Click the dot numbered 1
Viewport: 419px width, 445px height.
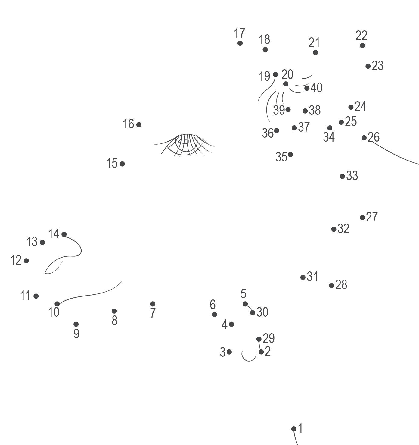tap(294, 429)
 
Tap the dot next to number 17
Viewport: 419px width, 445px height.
tap(240, 43)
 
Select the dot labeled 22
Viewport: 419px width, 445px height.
tap(362, 45)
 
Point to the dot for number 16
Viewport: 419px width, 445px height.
tap(139, 124)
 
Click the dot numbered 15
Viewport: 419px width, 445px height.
tap(122, 164)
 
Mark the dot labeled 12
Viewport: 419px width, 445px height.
tap(26, 261)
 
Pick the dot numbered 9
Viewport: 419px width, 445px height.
tap(76, 324)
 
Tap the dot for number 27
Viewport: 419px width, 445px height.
tap(362, 218)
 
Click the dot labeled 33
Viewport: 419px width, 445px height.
tap(342, 176)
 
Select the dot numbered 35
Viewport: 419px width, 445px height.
tap(290, 155)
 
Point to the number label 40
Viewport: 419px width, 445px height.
tap(316, 88)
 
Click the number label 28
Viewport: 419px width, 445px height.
tap(341, 285)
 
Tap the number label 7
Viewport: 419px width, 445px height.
tap(153, 313)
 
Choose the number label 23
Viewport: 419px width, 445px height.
tap(377, 66)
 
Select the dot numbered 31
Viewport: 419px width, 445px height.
tap(303, 277)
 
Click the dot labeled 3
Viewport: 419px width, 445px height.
tap(229, 352)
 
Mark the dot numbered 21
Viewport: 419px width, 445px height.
tap(315, 52)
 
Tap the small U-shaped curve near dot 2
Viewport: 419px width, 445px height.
tap(249, 356)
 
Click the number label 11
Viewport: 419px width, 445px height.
tap(25, 296)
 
